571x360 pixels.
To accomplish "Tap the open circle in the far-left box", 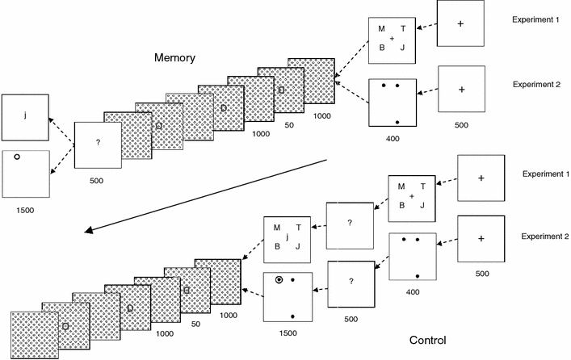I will point(15,159).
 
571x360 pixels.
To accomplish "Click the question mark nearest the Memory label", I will point(97,143).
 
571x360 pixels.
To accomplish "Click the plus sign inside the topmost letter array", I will point(392,39).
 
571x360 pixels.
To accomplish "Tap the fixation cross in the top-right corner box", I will point(460,23).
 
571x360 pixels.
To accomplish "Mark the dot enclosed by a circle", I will point(278,280).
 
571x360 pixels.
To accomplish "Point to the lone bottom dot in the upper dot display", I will point(397,121).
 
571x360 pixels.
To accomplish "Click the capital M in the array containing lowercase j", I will point(277,228).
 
